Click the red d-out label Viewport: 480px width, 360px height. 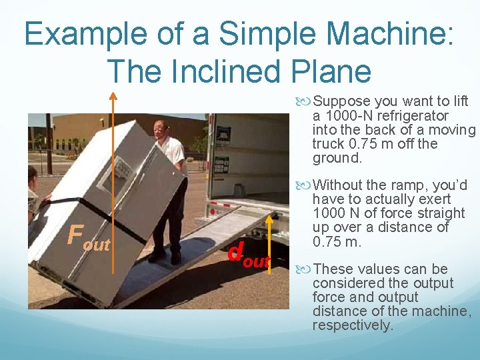(x=247, y=254)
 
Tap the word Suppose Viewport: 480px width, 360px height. (x=342, y=101)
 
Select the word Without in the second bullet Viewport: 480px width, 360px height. (x=338, y=185)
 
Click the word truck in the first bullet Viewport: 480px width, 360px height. (x=327, y=144)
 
